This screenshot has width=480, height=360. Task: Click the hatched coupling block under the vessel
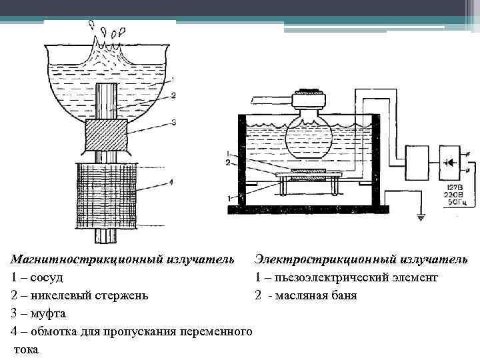(107, 136)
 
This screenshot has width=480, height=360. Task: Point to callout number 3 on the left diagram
(172, 122)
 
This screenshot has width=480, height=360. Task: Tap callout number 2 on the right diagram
(228, 162)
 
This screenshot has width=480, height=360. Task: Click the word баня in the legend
(341, 295)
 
